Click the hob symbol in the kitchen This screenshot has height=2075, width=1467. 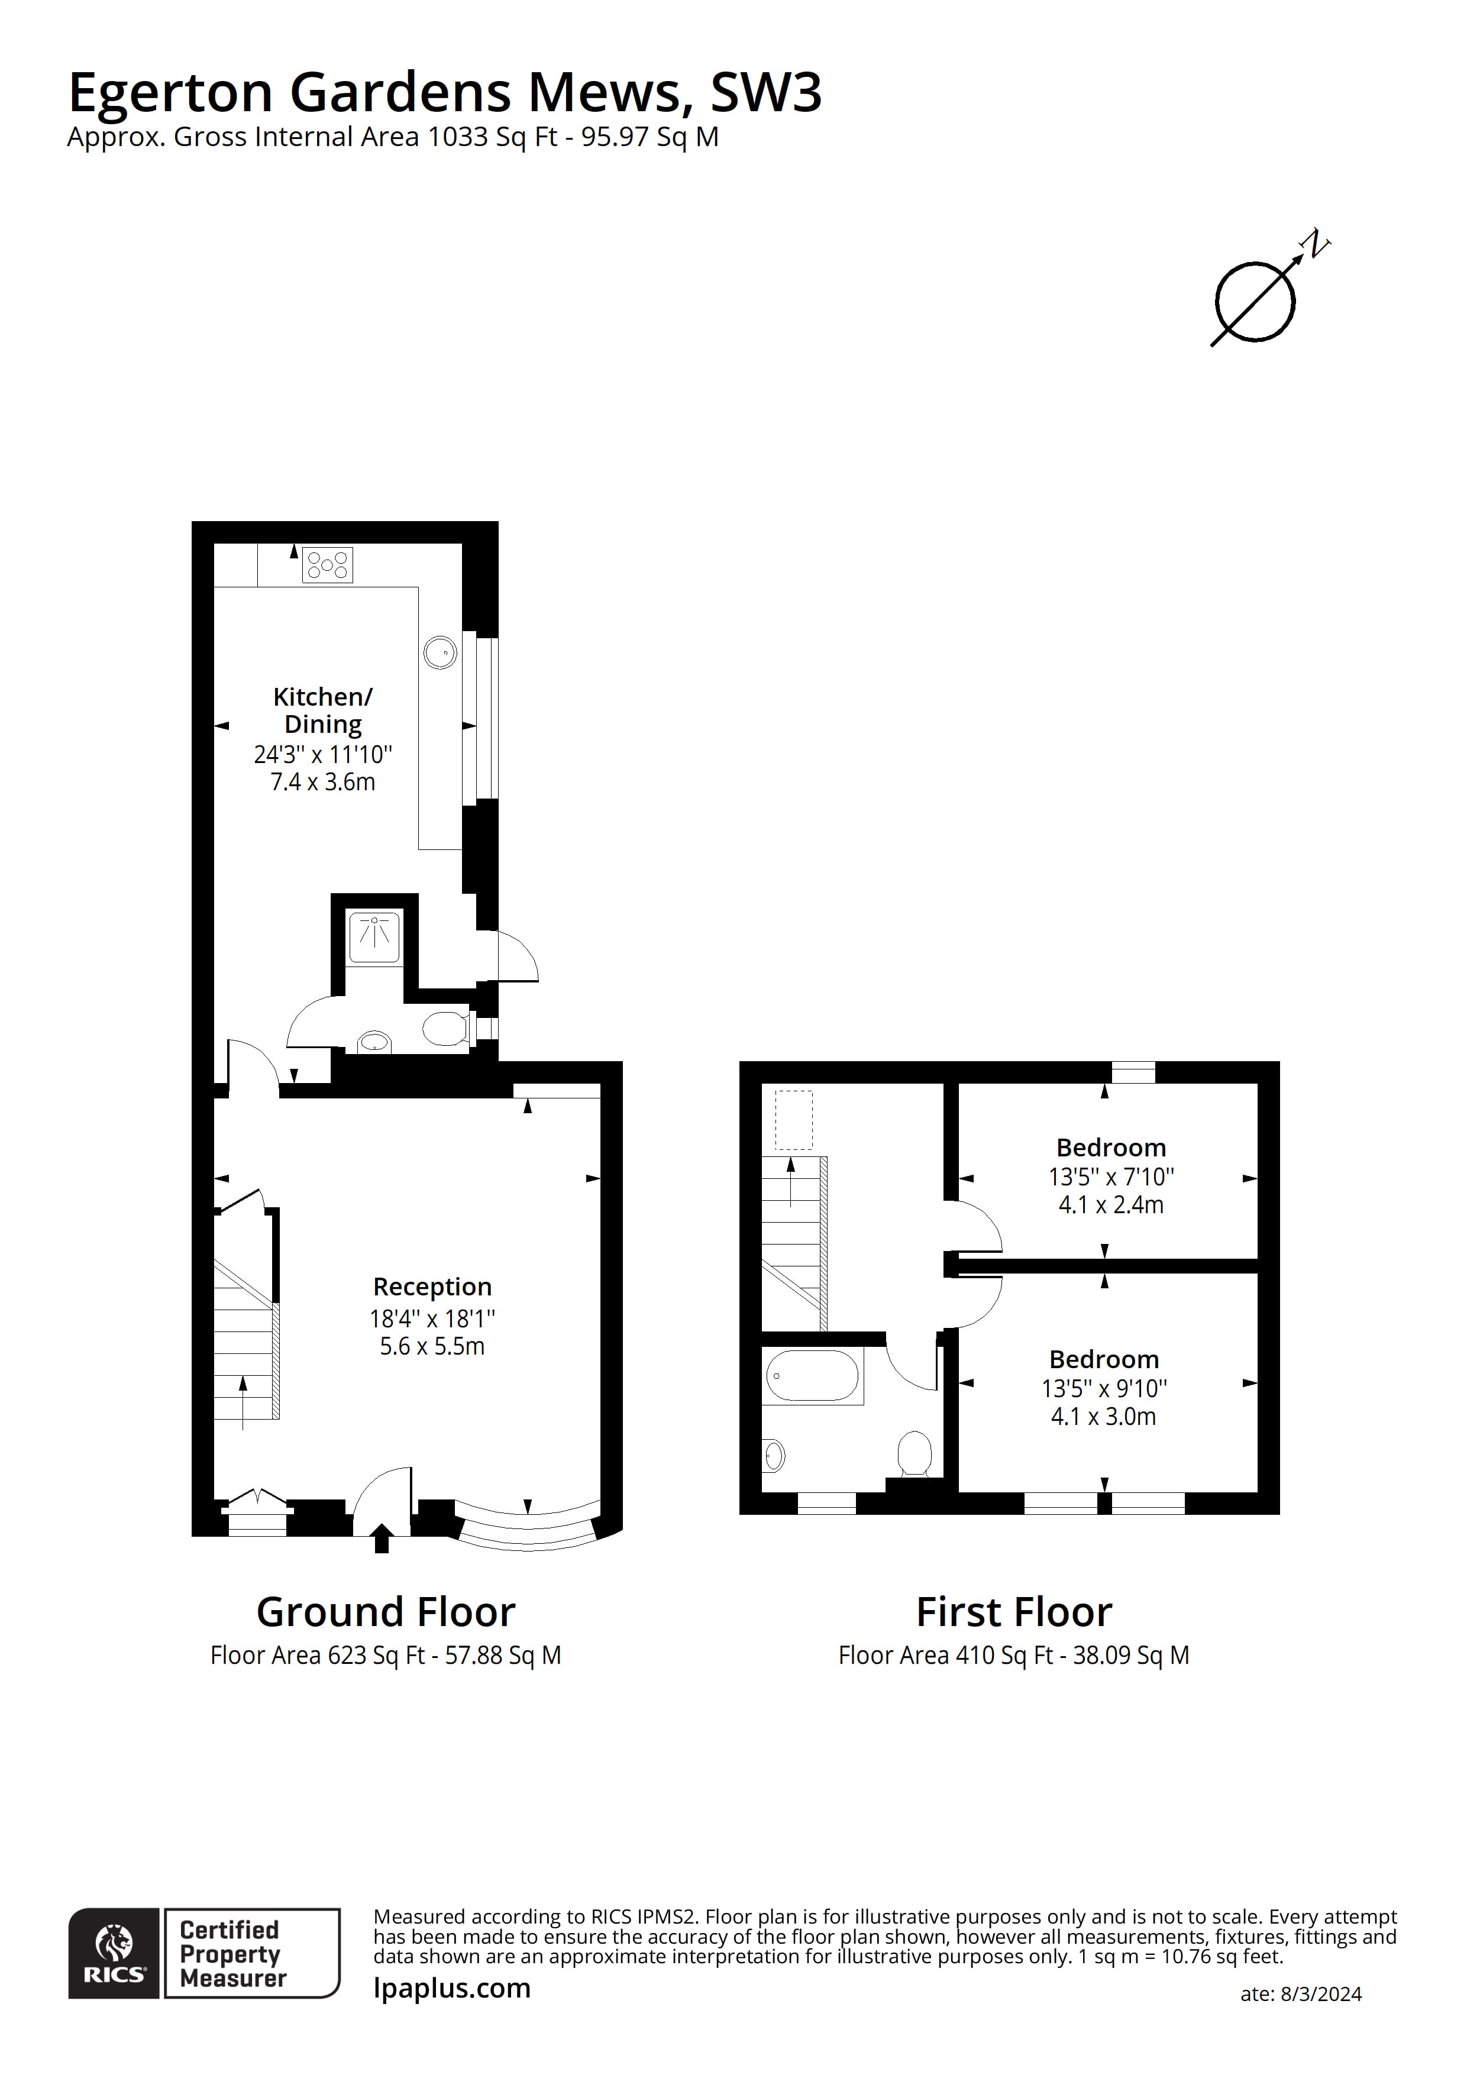point(327,565)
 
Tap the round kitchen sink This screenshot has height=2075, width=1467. point(440,652)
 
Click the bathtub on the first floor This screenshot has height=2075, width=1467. point(812,1375)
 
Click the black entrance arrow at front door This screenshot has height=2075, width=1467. point(382,1537)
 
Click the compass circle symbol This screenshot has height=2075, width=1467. point(1255,302)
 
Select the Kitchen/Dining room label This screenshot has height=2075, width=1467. point(323,710)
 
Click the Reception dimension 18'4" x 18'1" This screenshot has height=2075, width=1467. point(432,1318)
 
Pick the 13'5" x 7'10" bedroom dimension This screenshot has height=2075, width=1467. point(1111,1177)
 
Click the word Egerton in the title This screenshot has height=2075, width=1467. point(170,92)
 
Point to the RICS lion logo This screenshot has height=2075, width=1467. point(115,1947)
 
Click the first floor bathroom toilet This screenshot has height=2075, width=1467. point(914,1454)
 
